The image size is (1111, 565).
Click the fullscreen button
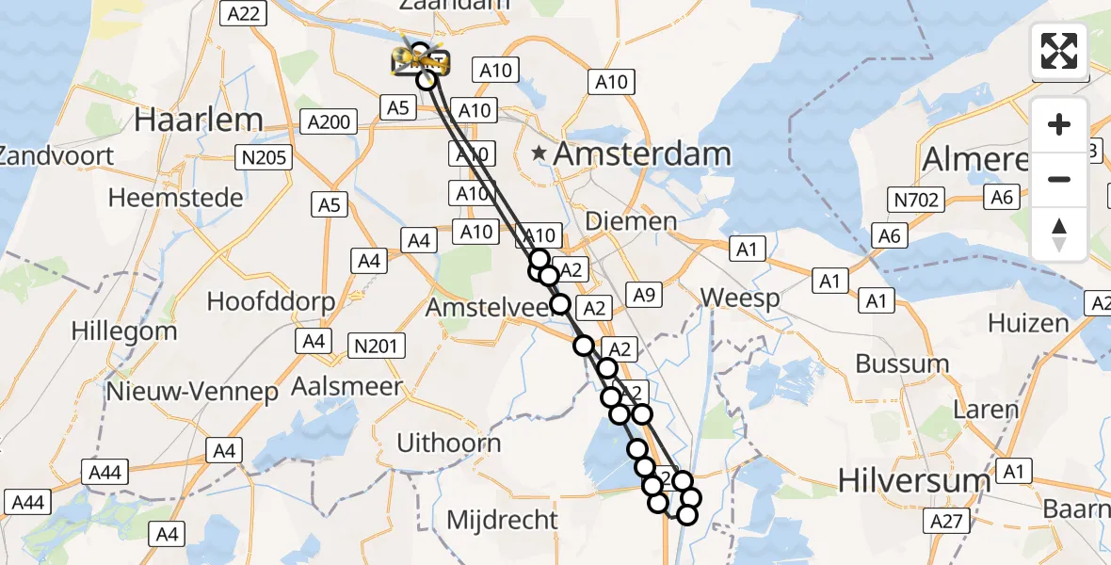[1059, 50]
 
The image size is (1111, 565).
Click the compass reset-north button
[1059, 234]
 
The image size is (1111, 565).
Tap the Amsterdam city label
[642, 154]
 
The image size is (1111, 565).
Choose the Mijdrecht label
[502, 519]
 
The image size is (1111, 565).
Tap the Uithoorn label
[448, 443]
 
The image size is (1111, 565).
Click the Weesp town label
[740, 299]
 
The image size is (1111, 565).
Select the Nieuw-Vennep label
[192, 391]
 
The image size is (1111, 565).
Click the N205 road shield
[265, 158]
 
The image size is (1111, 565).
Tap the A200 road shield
[328, 121]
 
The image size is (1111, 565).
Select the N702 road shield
[916, 199]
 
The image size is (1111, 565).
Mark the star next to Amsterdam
[539, 153]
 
